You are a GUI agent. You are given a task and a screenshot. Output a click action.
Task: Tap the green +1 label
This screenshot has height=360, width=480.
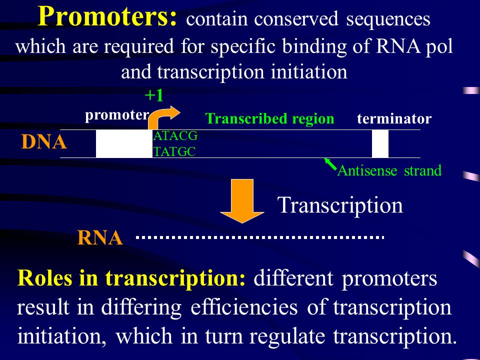(x=154, y=95)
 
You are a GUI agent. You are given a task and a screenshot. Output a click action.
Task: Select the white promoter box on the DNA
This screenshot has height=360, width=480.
(x=124, y=143)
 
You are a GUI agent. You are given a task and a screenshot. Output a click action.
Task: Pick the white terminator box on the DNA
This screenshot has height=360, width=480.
(x=380, y=143)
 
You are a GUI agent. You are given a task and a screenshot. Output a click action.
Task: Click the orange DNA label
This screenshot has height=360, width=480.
(x=44, y=142)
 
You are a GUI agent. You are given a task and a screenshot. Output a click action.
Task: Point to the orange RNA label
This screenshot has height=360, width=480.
(x=100, y=238)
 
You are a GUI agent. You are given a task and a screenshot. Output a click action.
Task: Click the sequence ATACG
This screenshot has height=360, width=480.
(x=175, y=136)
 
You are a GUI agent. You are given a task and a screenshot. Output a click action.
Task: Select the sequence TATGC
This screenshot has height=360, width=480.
(x=174, y=152)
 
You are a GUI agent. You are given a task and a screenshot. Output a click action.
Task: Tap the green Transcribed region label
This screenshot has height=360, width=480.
(x=269, y=118)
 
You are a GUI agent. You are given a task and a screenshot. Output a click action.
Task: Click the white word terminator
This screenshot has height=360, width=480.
(x=394, y=118)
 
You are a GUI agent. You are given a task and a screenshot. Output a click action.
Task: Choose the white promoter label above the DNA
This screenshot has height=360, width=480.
(x=117, y=115)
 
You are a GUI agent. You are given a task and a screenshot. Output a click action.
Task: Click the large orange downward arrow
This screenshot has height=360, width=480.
(x=242, y=201)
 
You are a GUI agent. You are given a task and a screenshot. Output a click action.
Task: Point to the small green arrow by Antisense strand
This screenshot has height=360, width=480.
(x=330, y=164)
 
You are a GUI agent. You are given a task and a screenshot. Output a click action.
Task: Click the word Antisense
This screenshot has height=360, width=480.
(x=367, y=171)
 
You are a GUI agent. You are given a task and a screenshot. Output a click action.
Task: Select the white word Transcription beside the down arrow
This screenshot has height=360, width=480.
(x=340, y=205)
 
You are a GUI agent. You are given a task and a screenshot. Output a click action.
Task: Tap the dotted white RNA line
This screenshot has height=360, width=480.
(x=260, y=237)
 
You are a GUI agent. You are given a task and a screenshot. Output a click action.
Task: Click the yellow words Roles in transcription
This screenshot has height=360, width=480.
(x=131, y=278)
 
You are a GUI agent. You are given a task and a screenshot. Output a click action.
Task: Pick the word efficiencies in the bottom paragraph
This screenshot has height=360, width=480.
(x=244, y=307)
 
